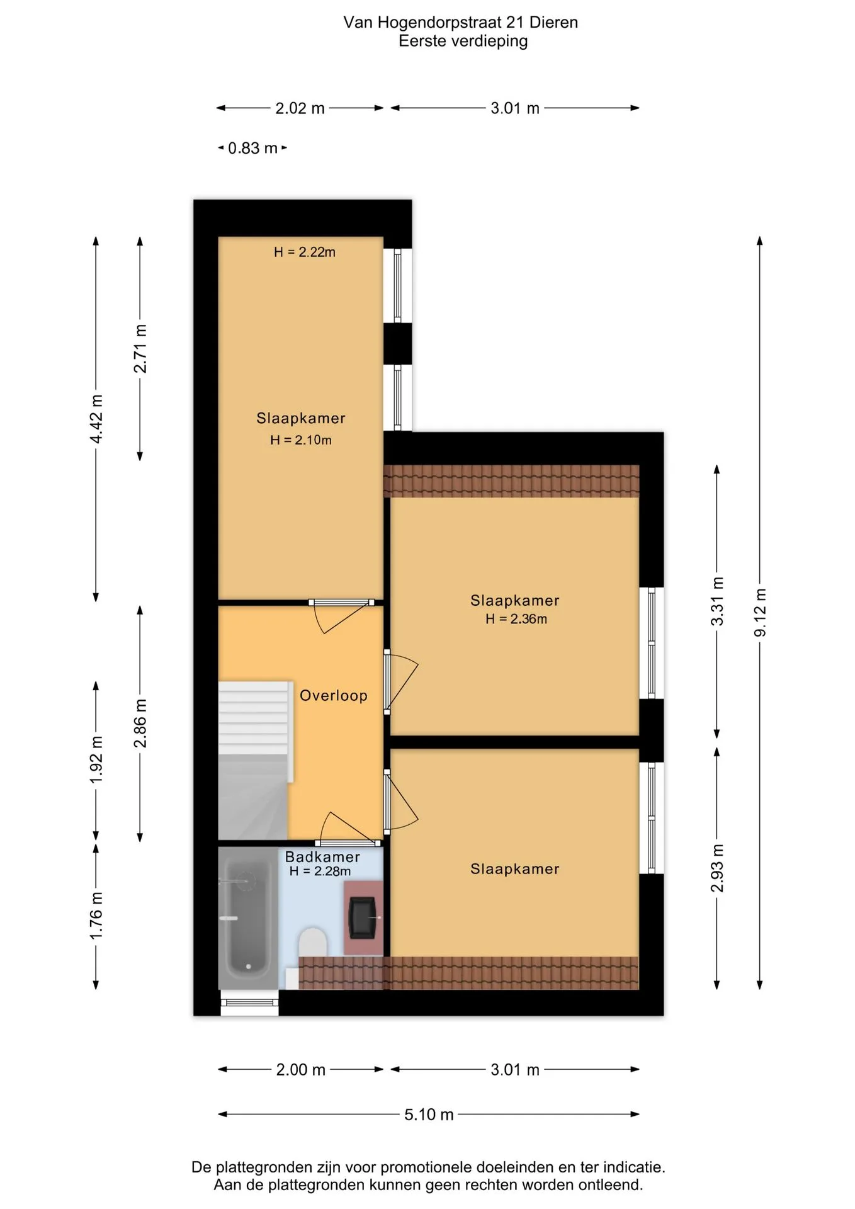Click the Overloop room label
pyautogui.click(x=333, y=695)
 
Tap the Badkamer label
pyautogui.click(x=322, y=856)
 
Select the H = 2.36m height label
pyautogui.click(x=516, y=619)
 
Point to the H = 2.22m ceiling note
pyautogui.click(x=304, y=252)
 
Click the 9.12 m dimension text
pyautogui.click(x=760, y=612)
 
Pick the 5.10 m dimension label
pyautogui.click(x=429, y=1114)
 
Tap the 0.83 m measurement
pyautogui.click(x=252, y=148)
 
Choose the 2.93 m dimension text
pyautogui.click(x=716, y=868)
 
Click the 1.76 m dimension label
pyautogui.click(x=96, y=916)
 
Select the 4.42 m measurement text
pyautogui.click(x=96, y=419)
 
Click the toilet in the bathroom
pyautogui.click(x=312, y=941)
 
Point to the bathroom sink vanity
pyautogui.click(x=363, y=917)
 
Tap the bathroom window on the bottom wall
pyautogui.click(x=249, y=1002)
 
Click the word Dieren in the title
pyautogui.click(x=553, y=22)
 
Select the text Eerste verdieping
pyautogui.click(x=463, y=41)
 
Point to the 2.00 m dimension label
pyautogui.click(x=300, y=1069)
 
